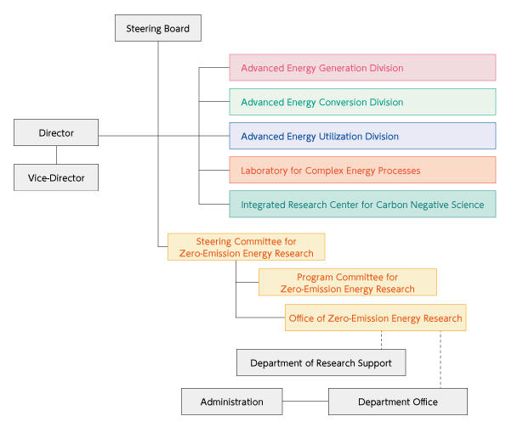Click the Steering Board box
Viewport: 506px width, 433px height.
(x=158, y=29)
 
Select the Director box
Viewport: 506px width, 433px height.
(x=56, y=133)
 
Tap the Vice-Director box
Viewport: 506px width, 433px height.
(x=56, y=177)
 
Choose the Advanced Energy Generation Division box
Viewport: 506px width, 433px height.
(x=362, y=68)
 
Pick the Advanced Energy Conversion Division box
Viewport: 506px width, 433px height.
(x=362, y=102)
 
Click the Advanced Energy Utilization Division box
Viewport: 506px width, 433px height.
(x=362, y=136)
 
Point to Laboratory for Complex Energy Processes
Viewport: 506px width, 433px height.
(x=362, y=171)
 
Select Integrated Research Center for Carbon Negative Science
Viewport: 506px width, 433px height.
(x=362, y=205)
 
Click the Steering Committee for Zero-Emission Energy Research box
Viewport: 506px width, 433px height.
(x=246, y=247)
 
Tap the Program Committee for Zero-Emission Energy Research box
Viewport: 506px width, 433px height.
(x=347, y=283)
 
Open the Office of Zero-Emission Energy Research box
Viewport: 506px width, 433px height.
(x=376, y=318)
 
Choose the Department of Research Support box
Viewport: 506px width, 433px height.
(x=321, y=363)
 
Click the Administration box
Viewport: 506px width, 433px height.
(x=231, y=402)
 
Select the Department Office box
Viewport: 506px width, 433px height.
(x=397, y=402)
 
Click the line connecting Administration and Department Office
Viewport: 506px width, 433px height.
(x=305, y=402)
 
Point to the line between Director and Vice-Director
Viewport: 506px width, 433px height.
(x=56, y=155)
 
